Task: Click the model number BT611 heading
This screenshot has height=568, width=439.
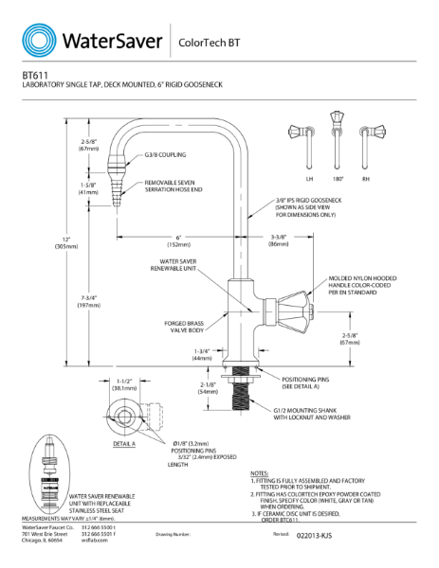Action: [35, 74]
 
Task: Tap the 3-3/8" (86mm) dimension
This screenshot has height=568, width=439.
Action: [278, 240]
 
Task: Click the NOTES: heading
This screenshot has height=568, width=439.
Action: [262, 471]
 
